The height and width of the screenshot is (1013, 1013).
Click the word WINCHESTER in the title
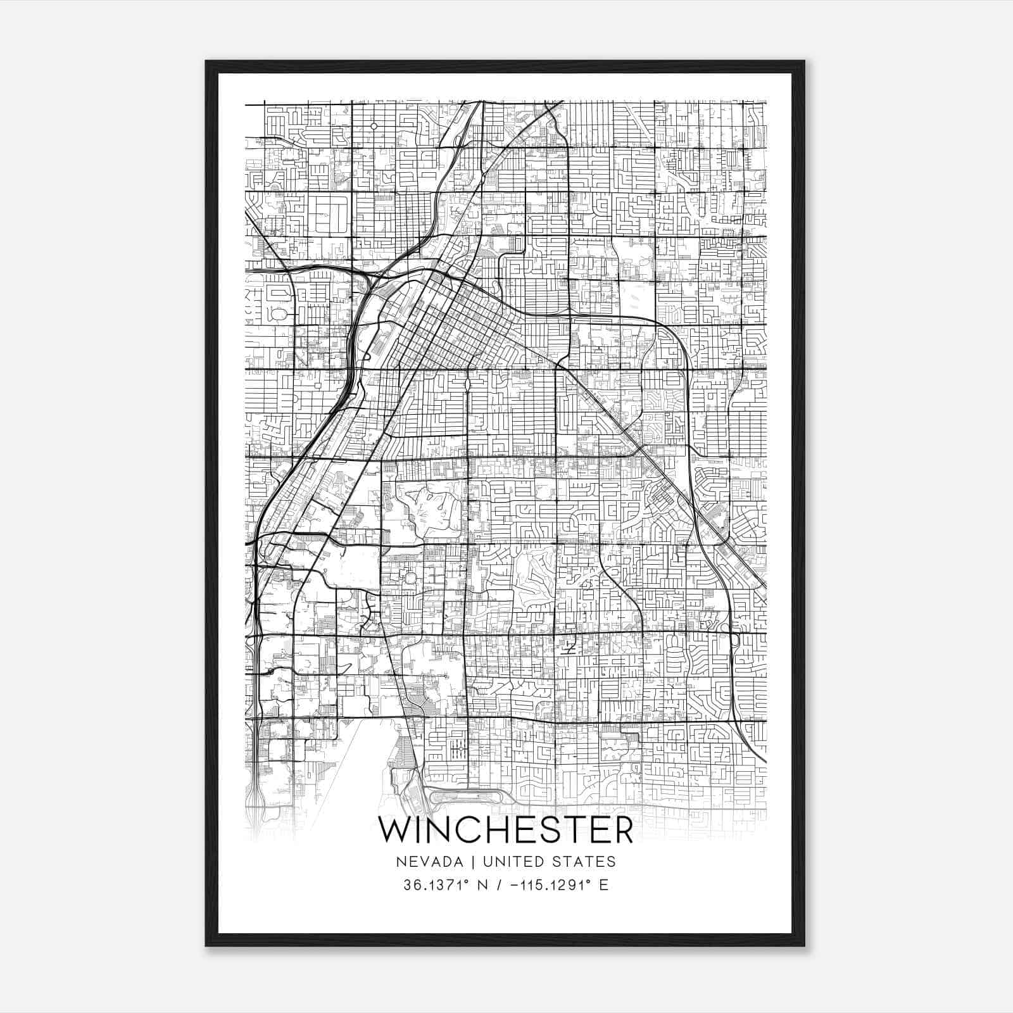pyautogui.click(x=506, y=831)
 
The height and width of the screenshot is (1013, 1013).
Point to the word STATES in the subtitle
pyautogui.click(x=586, y=862)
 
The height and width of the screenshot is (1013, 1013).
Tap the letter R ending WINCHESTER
pyautogui.click(x=622, y=831)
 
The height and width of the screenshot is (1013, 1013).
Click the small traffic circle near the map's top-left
pyautogui.click(x=374, y=126)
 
